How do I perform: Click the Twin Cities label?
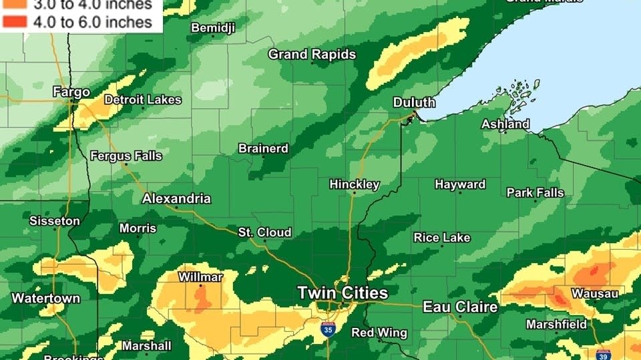[x=342, y=293]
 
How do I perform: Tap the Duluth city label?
[x=414, y=102]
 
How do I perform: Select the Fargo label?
[x=71, y=92]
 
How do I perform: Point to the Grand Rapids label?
[x=312, y=54]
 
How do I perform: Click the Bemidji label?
[x=213, y=27]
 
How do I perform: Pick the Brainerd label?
[x=263, y=148]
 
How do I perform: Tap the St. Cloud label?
[x=265, y=232]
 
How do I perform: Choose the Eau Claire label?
[x=460, y=307]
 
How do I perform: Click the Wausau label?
[x=594, y=293]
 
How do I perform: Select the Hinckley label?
[x=355, y=184]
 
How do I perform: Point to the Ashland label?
[x=505, y=124]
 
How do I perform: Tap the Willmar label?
[x=200, y=277]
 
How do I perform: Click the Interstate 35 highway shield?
[x=328, y=329]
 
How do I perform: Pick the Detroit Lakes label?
[x=143, y=100]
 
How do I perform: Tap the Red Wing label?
[x=379, y=333]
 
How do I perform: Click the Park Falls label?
[x=535, y=192]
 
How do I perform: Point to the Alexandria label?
[x=176, y=198]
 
